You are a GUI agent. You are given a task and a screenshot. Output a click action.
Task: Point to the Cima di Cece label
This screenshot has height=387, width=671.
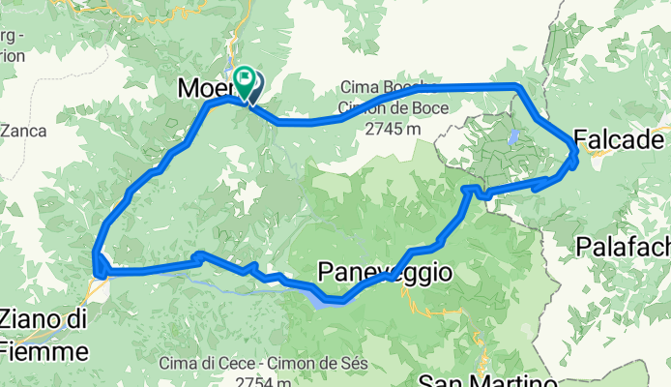click(x=202, y=364)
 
